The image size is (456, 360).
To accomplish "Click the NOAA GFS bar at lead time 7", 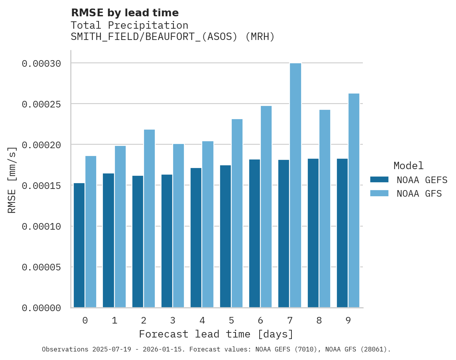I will coord(295,185).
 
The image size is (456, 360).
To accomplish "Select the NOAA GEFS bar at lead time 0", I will coord(79,245).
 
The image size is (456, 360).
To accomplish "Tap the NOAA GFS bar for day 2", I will coord(149,218).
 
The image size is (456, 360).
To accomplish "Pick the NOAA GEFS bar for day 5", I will coord(225,236).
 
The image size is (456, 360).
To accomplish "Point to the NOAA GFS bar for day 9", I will coord(354,201).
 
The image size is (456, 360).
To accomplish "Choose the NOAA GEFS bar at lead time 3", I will coord(167,241).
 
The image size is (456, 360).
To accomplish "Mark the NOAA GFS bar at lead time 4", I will coord(208,224).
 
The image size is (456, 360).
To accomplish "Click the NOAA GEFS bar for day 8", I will coord(313,233).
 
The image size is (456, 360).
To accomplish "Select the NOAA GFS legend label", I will coord(419,194).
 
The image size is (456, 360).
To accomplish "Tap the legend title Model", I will coord(408,166).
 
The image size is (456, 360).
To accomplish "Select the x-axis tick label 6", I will coord(260,320).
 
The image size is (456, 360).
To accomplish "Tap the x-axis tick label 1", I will coord(114,320).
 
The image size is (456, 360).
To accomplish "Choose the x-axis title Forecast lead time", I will coord(216,334).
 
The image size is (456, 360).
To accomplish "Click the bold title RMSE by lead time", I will coord(125,13).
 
